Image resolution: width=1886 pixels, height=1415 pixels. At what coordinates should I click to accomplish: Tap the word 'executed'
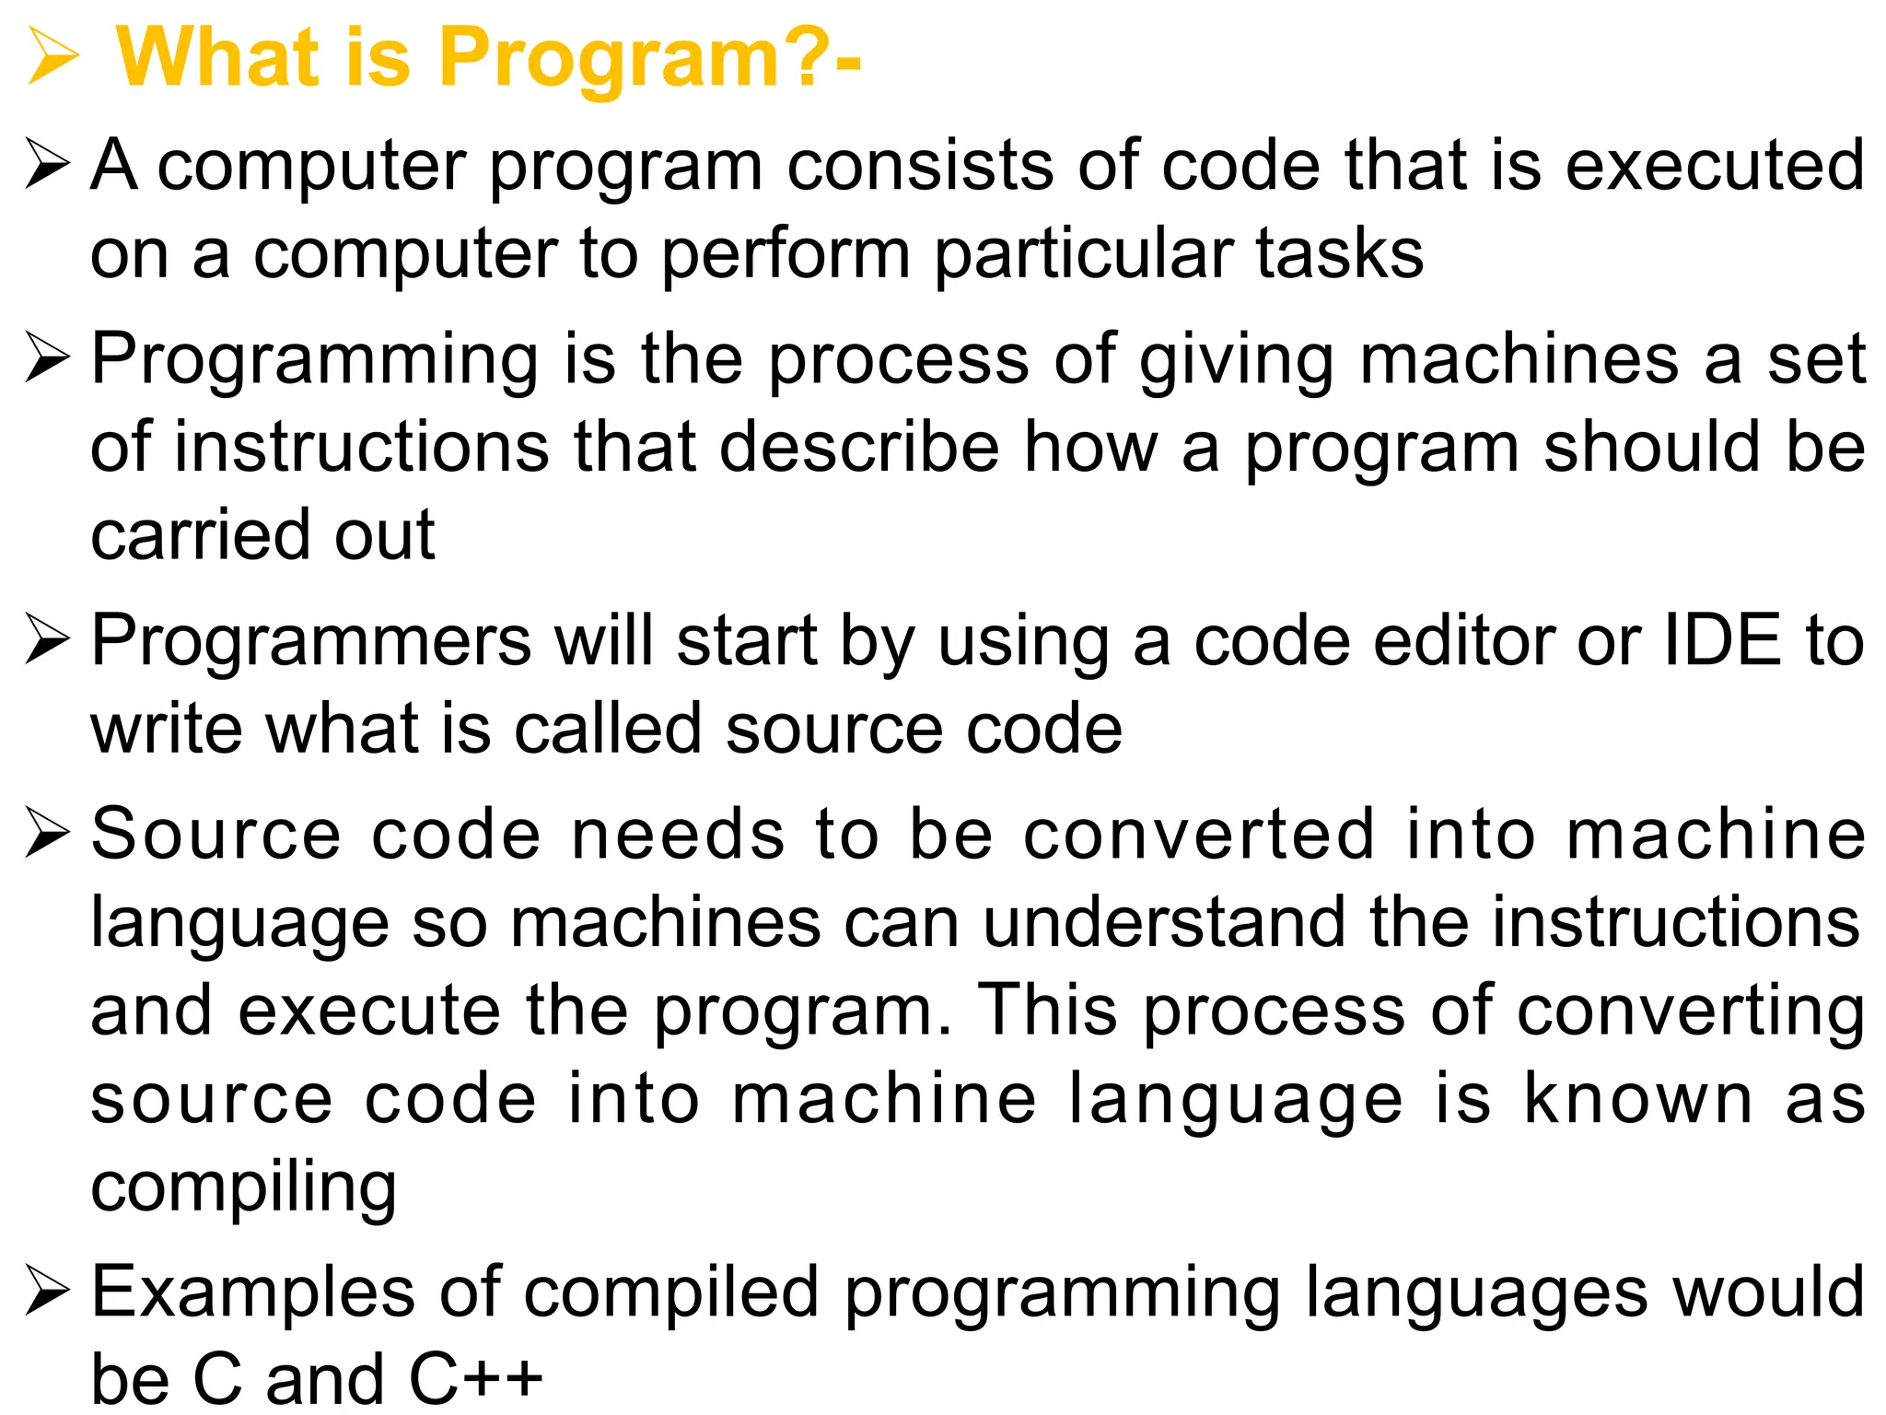coord(1716,166)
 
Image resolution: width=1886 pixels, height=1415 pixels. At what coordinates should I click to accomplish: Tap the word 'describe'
coord(859,448)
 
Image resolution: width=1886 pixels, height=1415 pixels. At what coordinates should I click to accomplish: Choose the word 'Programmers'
coord(311,641)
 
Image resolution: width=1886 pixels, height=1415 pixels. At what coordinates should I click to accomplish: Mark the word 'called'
coord(608,729)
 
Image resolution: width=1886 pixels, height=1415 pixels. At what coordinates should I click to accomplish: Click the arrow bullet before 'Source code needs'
coord(48,833)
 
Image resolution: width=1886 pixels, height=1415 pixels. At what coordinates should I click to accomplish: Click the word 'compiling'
coord(243,1188)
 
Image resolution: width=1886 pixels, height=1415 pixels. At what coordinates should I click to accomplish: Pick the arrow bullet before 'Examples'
coord(48,1292)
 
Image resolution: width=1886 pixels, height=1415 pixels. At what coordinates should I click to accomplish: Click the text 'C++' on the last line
coord(475,1378)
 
